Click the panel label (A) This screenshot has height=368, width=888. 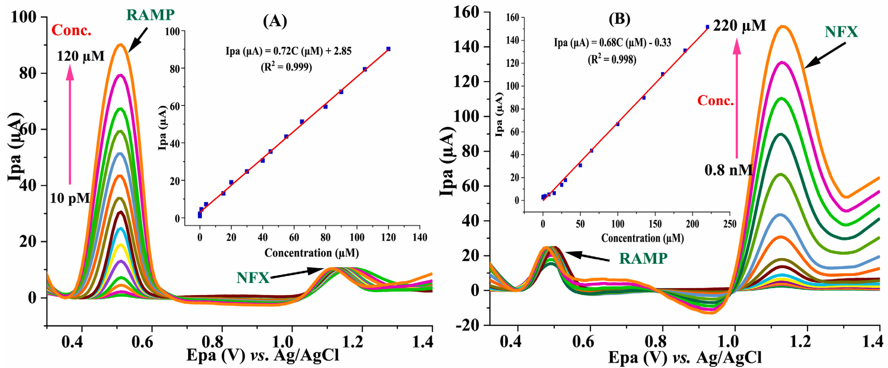point(275,21)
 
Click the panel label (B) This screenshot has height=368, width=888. point(619,19)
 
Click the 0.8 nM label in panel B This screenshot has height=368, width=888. point(728,170)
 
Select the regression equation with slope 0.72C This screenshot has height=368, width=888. point(288,51)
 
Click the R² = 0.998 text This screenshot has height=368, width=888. point(612,60)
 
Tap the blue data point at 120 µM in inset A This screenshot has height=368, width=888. point(388,49)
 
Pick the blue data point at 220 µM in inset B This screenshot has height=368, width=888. point(707,27)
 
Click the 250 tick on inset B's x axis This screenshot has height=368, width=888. point(729,224)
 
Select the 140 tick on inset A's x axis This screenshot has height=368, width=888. point(419,237)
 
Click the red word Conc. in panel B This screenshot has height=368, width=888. point(715,101)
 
